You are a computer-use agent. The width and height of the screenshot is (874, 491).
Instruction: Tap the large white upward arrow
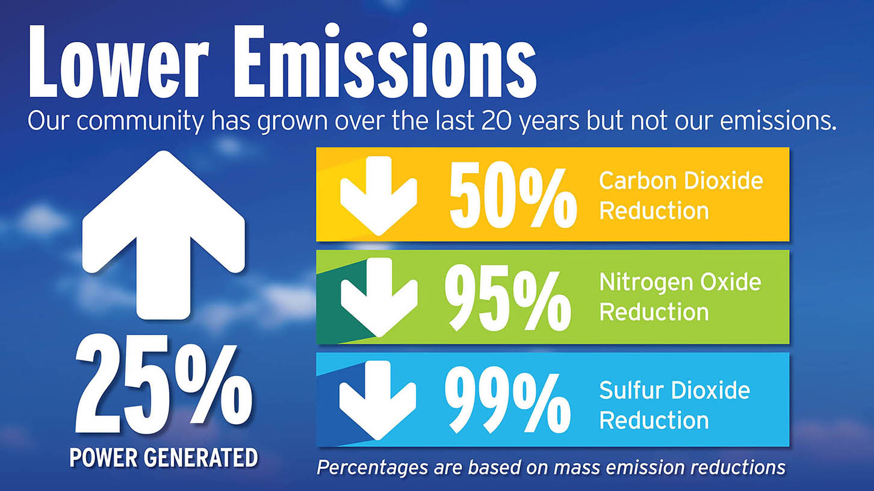[164, 235]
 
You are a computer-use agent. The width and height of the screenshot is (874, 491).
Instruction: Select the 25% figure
[164, 384]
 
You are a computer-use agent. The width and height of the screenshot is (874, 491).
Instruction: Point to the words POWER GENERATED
[164, 457]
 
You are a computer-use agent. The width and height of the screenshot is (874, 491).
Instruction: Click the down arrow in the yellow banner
[378, 196]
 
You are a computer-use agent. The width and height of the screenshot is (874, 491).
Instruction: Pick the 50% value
[513, 198]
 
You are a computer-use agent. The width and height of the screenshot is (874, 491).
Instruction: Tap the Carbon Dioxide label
[681, 181]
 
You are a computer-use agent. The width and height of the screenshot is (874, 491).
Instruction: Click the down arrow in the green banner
[379, 297]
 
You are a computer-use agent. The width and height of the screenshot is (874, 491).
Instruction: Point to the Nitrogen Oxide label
[680, 282]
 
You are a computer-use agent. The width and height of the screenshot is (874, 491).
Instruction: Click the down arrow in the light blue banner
[377, 400]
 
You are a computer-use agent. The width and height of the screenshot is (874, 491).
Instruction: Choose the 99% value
[507, 402]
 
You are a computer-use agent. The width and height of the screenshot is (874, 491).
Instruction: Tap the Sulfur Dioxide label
[675, 390]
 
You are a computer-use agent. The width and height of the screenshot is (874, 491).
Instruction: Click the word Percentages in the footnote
[372, 467]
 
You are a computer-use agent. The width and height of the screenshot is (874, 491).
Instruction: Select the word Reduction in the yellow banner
[654, 211]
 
